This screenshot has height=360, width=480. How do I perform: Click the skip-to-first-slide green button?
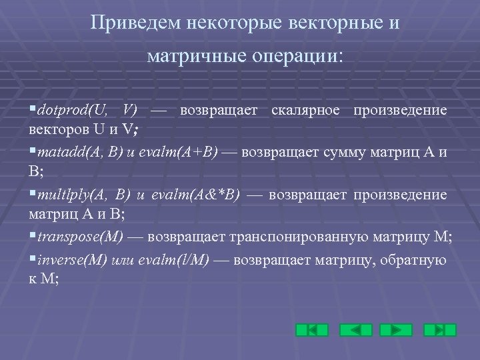pos(312,330)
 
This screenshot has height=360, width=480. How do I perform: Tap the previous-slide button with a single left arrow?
pos(355,330)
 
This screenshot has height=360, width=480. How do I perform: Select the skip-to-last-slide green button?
pos(440,330)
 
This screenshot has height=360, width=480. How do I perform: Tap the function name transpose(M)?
pos(81,237)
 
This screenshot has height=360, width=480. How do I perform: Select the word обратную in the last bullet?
pos(415,259)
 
